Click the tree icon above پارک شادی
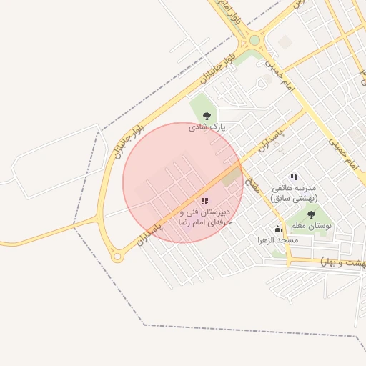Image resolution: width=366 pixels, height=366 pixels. click(207, 115)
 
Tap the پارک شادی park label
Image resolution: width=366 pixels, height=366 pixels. click(207, 127)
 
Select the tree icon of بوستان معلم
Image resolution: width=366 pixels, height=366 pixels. click(311, 214)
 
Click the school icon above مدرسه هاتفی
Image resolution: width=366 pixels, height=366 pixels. click(294, 176)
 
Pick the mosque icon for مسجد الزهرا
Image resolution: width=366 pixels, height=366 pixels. click(277, 229)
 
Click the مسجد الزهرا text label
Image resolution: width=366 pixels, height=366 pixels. click(278, 241)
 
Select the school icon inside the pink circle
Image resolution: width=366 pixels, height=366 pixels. click(204, 202)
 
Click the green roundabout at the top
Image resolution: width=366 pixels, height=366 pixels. click(254, 40)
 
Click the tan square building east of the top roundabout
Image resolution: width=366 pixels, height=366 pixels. click(285, 43)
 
